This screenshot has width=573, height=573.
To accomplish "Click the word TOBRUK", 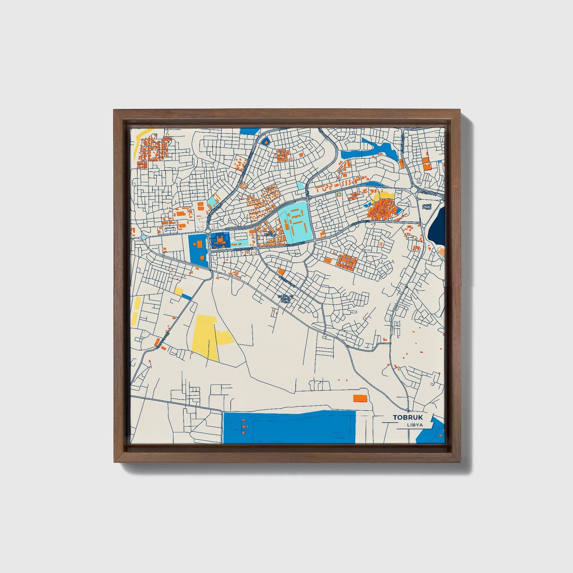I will (408, 417).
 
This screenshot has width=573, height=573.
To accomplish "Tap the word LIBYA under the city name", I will (414, 425).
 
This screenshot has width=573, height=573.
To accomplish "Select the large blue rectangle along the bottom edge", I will (289, 427).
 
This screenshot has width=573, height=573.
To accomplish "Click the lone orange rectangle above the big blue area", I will (360, 398).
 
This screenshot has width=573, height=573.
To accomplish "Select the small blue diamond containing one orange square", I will (265, 141).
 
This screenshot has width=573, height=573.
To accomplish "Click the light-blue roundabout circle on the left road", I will (143, 237).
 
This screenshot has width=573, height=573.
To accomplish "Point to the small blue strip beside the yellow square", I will (186, 297).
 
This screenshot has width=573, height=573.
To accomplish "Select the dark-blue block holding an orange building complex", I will (220, 240).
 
